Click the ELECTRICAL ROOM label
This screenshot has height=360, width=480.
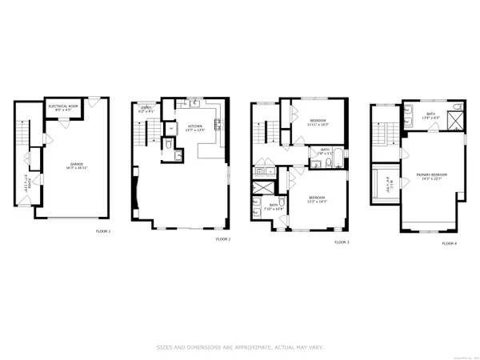coord(62,108)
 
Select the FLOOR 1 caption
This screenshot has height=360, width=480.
coord(103,232)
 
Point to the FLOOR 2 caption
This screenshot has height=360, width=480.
coord(222,239)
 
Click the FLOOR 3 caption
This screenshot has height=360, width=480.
coord(342,242)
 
